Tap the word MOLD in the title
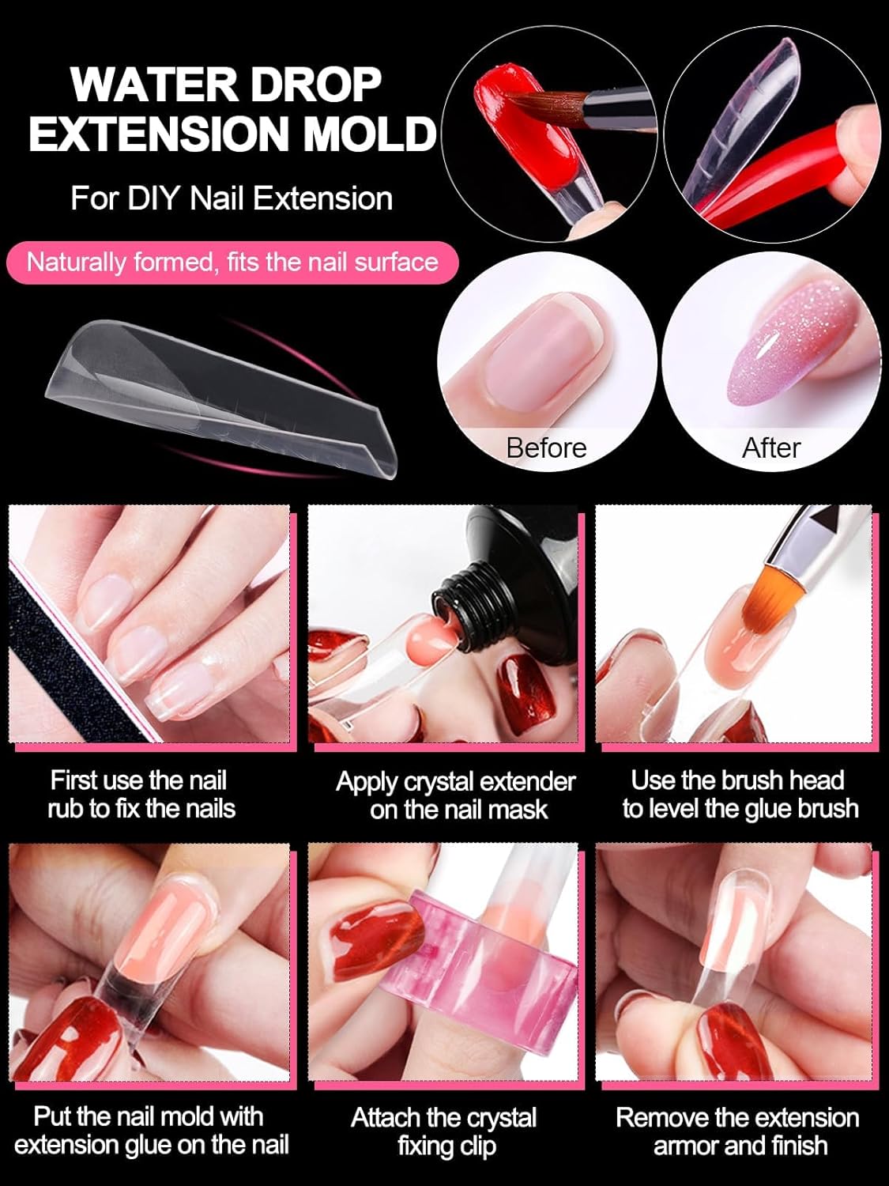click(x=370, y=133)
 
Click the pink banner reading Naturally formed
click(x=232, y=263)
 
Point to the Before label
click(x=546, y=448)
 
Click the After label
click(x=770, y=448)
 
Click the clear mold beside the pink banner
click(x=220, y=395)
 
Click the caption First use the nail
click(x=138, y=780)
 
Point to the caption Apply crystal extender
click(x=455, y=783)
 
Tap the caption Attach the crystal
click(x=443, y=1118)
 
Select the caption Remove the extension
click(x=737, y=1117)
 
